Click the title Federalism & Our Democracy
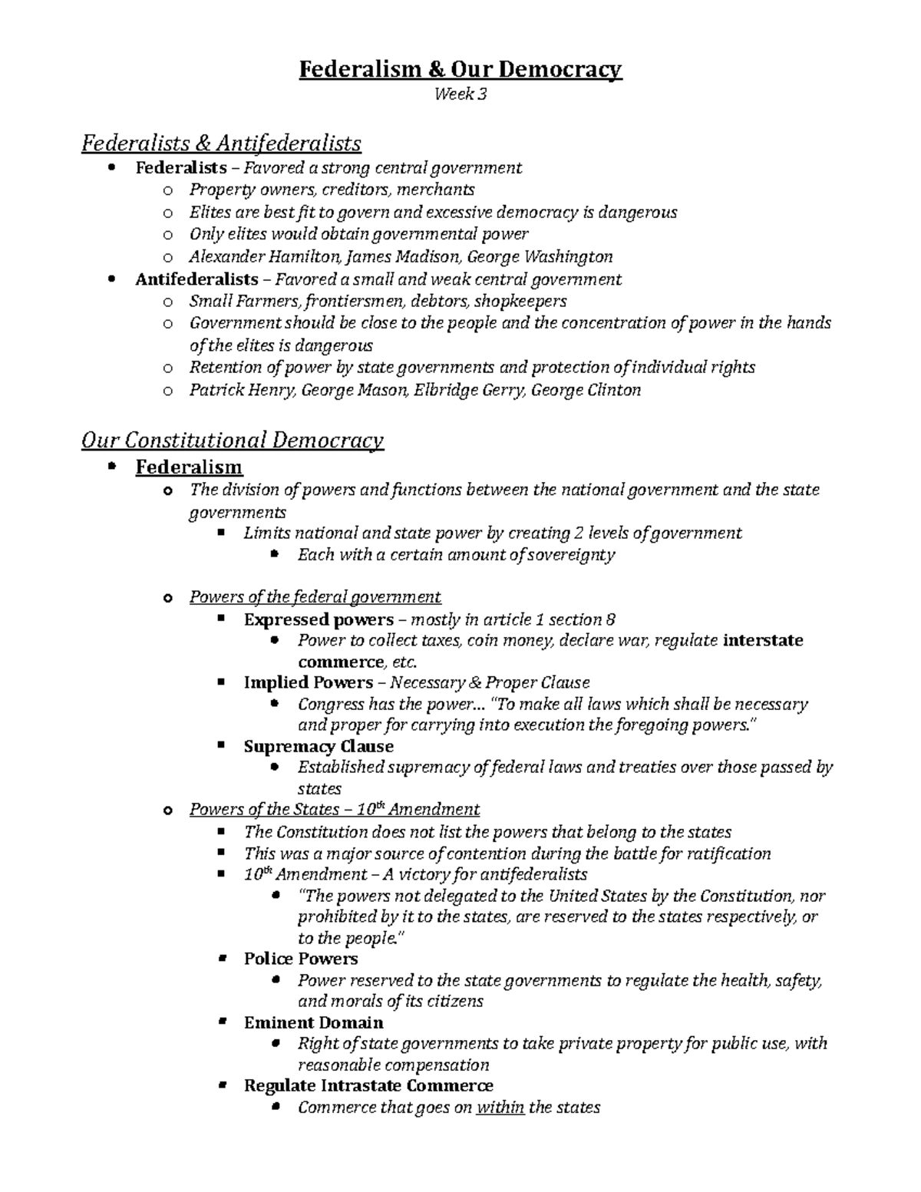[x=460, y=70]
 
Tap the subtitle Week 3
[x=460, y=95]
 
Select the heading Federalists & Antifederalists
[x=221, y=143]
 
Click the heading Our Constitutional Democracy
[x=232, y=441]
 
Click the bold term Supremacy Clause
[x=319, y=746]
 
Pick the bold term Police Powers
[x=301, y=959]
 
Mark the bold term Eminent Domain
[x=313, y=1022]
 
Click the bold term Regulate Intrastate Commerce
[x=368, y=1085]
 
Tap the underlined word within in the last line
[x=500, y=1108]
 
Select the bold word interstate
[x=763, y=640]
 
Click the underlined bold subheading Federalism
[x=189, y=467]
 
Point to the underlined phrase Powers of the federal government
[x=315, y=597]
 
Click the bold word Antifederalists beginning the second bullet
[x=196, y=279]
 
